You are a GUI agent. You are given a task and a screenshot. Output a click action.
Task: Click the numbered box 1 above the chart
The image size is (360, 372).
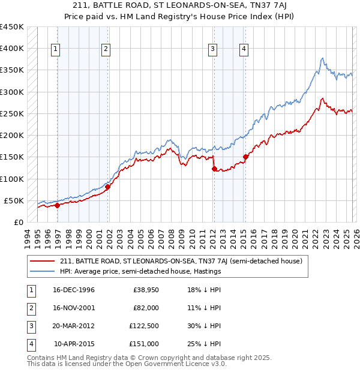pyautogui.click(x=56, y=50)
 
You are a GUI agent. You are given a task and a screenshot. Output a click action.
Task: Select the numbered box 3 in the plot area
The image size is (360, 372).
pyautogui.click(x=213, y=50)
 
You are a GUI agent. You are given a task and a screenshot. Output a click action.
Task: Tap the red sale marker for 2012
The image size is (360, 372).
pyautogui.click(x=214, y=169)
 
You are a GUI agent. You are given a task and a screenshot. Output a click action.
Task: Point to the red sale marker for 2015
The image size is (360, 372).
pyautogui.click(x=245, y=157)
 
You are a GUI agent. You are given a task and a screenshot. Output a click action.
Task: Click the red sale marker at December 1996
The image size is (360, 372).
pyautogui.click(x=58, y=205)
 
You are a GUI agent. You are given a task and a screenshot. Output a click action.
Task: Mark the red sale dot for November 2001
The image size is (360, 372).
pyautogui.click(x=108, y=187)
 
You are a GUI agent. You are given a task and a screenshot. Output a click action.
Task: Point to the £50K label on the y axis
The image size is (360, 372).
pyautogui.click(x=13, y=200)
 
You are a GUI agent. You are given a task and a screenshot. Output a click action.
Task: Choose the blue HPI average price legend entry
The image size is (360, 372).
pyautogui.click(x=140, y=271)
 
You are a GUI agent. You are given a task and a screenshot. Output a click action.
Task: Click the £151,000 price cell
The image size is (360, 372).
pyautogui.click(x=145, y=344)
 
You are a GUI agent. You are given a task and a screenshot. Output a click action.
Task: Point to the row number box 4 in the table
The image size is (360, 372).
pyautogui.click(x=30, y=344)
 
